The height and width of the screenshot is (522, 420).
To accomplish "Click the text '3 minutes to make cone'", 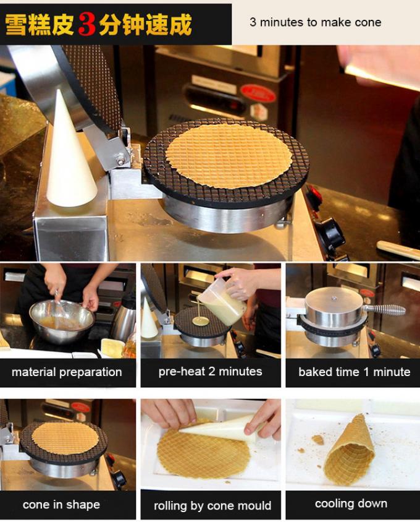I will (315, 22).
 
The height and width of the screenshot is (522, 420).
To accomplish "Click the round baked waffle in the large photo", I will (229, 155).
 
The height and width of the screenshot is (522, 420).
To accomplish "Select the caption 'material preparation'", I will (67, 372).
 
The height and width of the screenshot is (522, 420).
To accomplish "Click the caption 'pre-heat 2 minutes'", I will (210, 372).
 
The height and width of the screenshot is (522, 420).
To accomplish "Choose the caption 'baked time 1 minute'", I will (354, 372).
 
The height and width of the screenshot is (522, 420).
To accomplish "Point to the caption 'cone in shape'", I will (61, 505).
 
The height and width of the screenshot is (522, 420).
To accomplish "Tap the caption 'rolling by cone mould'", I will (212, 505).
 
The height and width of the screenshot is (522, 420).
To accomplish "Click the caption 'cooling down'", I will (351, 503).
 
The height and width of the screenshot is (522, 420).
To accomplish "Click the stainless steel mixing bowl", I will (62, 322).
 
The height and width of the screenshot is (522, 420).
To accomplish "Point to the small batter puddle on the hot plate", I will (200, 321).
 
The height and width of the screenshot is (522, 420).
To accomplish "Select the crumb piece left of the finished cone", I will (318, 439).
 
